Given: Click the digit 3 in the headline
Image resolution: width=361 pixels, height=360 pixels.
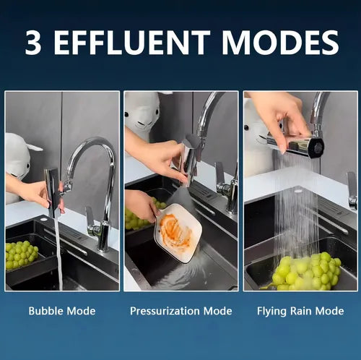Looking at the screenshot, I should [x=32, y=43].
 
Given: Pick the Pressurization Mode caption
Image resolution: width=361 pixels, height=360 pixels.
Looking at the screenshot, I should [x=181, y=311].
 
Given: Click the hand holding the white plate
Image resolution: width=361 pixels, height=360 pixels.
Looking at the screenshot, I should [x=144, y=205].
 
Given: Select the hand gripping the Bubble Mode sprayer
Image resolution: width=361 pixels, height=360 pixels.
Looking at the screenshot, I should [x=36, y=192].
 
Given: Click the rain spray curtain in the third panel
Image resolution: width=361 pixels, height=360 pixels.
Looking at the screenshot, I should [x=296, y=210].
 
